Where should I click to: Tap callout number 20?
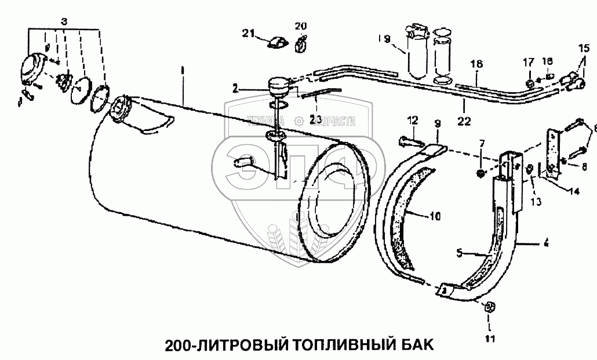[x=300, y=26]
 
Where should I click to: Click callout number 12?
[x=412, y=120]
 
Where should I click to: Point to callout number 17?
[x=529, y=62]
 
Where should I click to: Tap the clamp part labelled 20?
[x=301, y=42]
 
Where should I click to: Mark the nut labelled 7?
[x=480, y=172]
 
